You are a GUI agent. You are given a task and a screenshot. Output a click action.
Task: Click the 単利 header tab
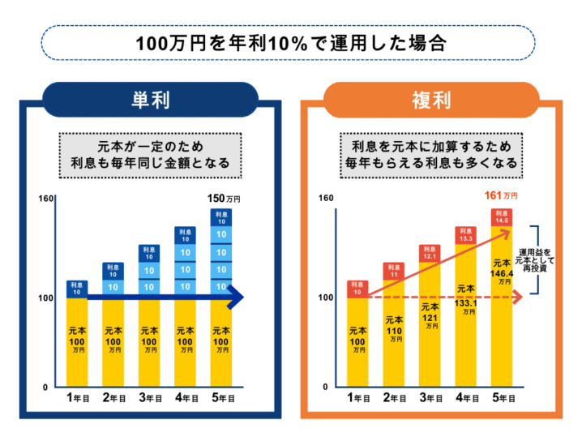(150, 100)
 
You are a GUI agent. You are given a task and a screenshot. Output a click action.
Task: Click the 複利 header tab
(432, 100)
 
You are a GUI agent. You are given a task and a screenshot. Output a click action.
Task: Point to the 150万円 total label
(224, 198)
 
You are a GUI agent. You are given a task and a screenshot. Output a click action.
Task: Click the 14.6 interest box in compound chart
(502, 216)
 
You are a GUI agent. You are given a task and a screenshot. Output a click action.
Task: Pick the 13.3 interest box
(465, 235)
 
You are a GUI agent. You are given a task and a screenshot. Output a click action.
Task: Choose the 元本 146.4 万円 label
(502, 272)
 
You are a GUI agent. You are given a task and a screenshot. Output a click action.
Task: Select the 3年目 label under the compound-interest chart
(429, 399)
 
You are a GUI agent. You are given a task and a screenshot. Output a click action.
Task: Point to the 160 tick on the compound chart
(325, 198)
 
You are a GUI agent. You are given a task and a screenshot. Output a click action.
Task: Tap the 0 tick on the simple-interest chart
(45, 387)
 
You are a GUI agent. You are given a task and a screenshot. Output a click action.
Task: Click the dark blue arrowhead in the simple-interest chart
(236, 298)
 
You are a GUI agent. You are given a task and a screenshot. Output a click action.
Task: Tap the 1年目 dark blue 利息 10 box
(76, 289)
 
